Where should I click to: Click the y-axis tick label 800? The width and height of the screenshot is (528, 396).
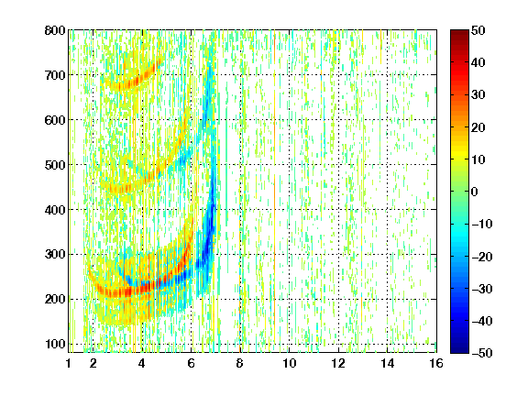(55, 30)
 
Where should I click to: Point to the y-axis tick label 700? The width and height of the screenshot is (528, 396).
(55, 75)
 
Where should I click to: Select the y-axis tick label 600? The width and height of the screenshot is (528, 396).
(55, 120)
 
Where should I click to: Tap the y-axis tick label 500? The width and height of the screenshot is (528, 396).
(55, 165)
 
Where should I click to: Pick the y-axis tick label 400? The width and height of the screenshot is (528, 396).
(55, 210)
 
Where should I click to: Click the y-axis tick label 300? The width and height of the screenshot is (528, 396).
(55, 254)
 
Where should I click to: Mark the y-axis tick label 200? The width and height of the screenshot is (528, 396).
(55, 299)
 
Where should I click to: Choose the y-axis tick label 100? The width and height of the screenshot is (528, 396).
(55, 344)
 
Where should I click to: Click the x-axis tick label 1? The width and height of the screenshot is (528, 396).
(69, 363)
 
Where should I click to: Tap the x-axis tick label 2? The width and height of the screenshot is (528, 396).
(93, 363)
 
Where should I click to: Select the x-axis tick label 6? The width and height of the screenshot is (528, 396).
(192, 363)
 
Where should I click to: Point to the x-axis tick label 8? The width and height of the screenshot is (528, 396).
(240, 363)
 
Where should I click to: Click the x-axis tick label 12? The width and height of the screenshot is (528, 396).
(338, 363)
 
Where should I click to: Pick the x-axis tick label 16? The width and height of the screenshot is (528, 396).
(436, 363)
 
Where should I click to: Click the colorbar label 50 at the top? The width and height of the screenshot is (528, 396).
(478, 30)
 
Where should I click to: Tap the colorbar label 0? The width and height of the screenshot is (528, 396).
(475, 192)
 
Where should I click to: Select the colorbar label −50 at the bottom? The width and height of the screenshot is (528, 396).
(482, 353)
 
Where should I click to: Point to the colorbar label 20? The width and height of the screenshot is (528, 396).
(478, 127)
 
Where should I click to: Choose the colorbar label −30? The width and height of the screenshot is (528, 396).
(482, 289)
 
